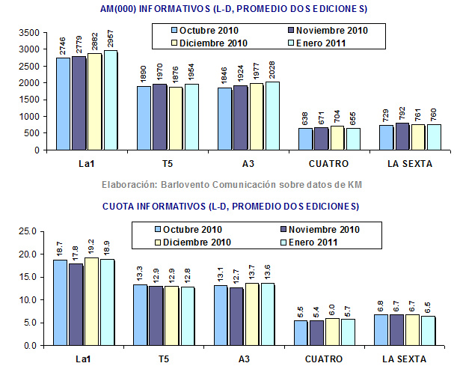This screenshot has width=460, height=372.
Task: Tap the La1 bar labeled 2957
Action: tap(111, 100)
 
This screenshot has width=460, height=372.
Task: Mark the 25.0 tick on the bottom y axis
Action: tap(28, 231)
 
